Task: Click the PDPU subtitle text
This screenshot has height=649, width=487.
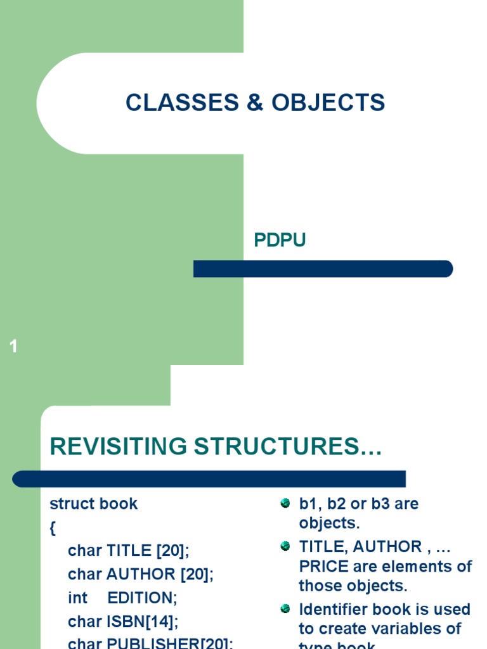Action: (280, 241)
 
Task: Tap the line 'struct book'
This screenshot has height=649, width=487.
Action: (93, 504)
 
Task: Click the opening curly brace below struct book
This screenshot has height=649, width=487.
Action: (53, 528)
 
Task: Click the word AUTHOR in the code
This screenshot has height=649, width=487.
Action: (141, 575)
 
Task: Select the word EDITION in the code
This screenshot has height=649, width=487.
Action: (140, 598)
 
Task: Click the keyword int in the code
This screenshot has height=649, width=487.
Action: (77, 598)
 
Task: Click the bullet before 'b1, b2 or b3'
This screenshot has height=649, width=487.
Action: (285, 504)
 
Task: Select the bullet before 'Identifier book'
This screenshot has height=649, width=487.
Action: (285, 609)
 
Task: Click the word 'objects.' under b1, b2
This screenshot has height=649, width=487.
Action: (329, 524)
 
